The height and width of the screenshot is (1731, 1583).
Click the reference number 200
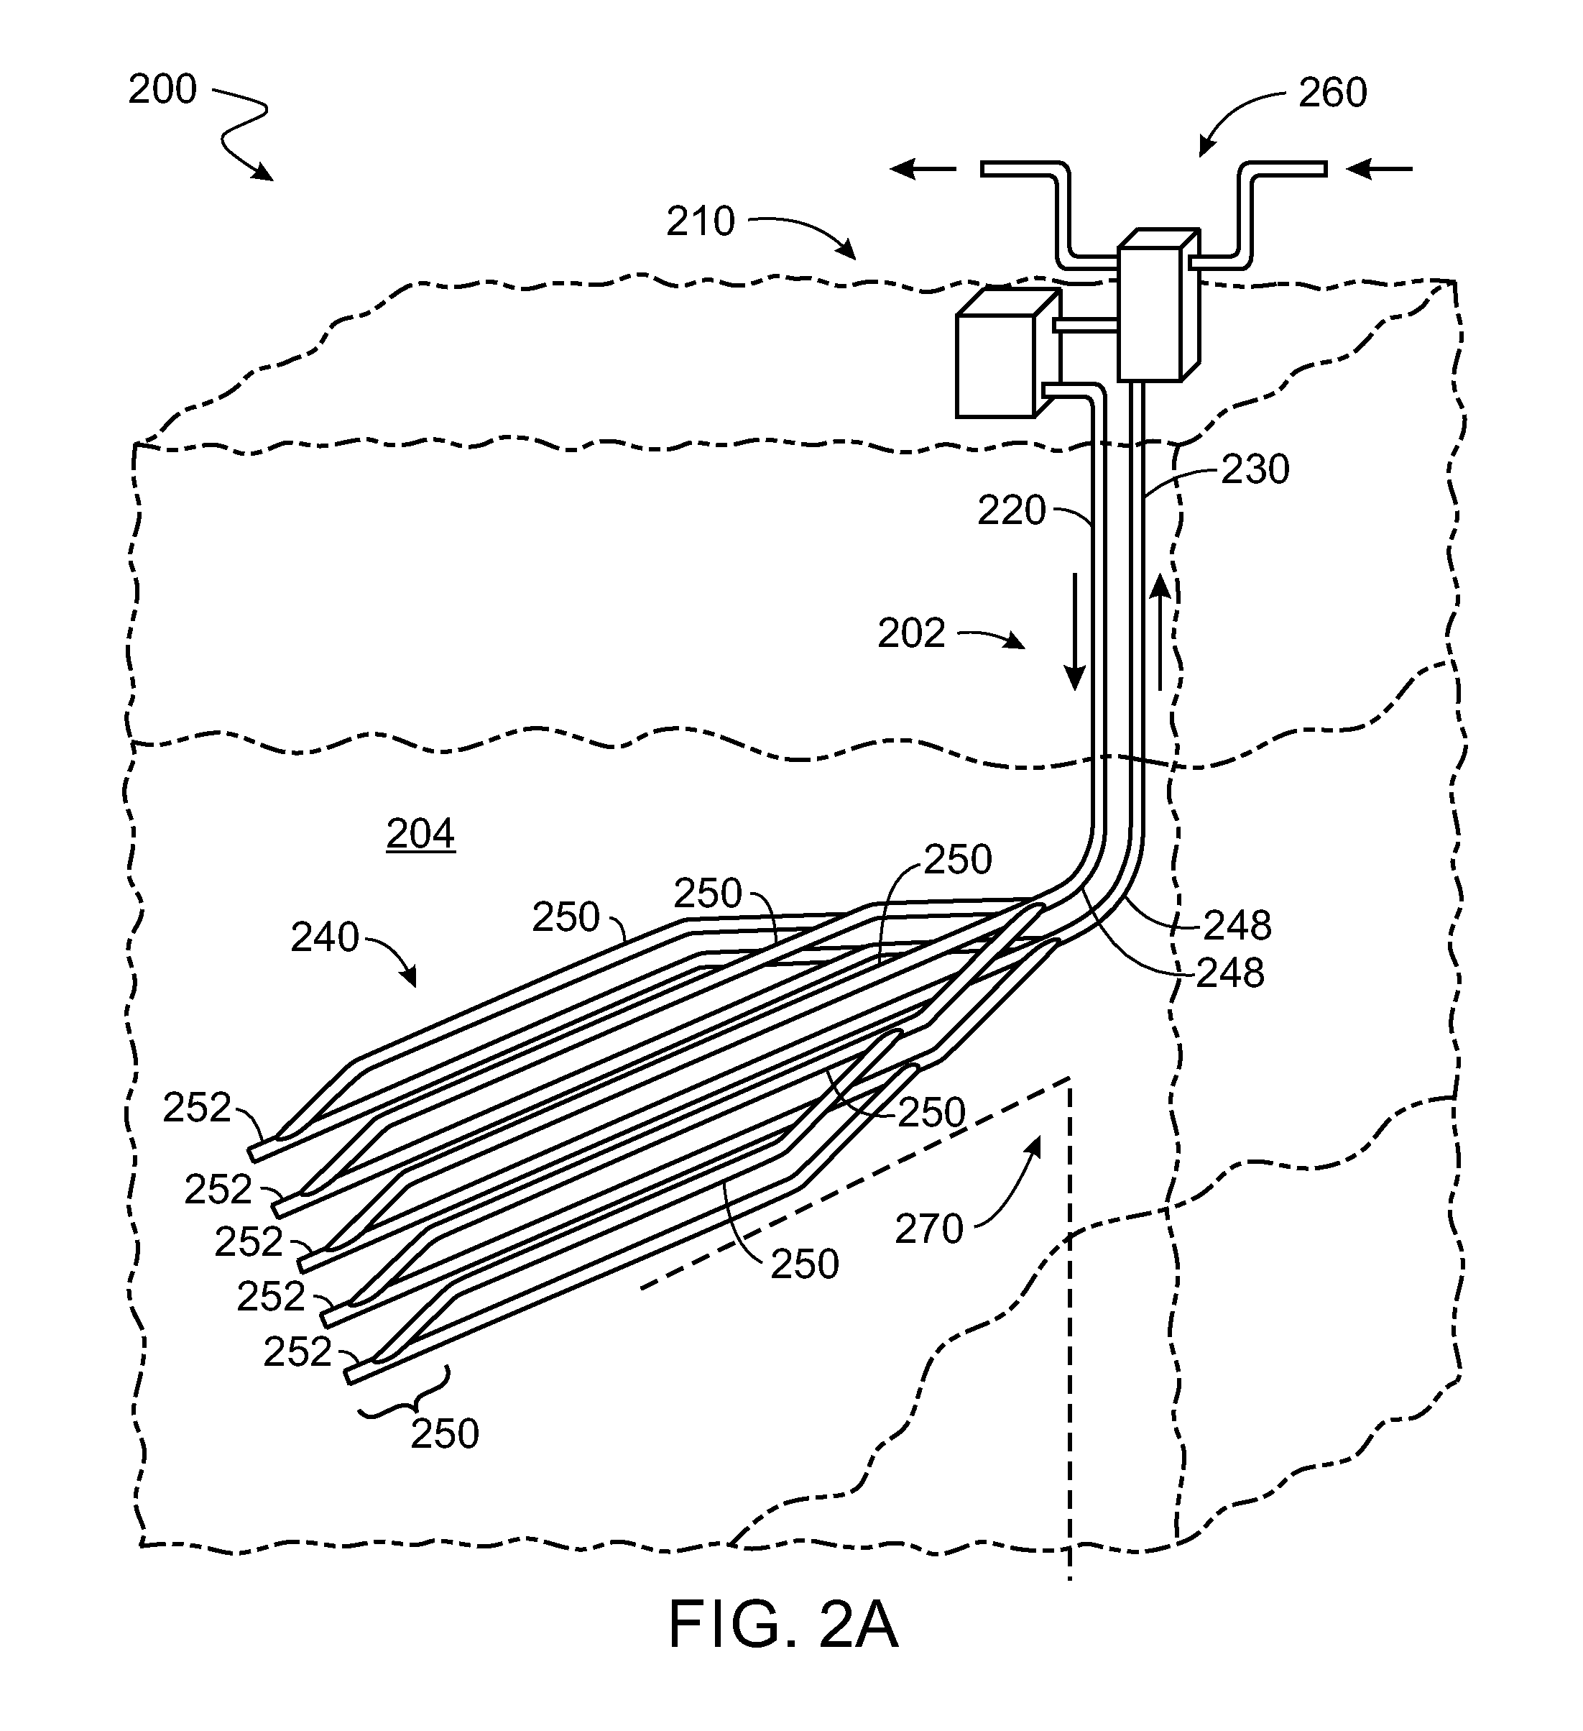[x=162, y=89]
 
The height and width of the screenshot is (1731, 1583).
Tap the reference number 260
[x=1332, y=93]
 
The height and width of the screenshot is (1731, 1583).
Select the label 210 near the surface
[x=701, y=221]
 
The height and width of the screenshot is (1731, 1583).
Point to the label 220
[x=1011, y=511]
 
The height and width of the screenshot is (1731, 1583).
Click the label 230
[x=1255, y=469]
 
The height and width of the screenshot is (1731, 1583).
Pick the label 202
[x=911, y=634]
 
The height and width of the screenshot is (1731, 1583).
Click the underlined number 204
[x=420, y=834]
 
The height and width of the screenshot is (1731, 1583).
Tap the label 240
[x=325, y=937]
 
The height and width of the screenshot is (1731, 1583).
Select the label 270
[x=929, y=1229]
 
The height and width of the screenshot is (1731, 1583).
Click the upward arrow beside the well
[x=1160, y=632]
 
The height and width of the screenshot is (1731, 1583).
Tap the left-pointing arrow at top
[x=923, y=170]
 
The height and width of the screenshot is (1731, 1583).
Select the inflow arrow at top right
[x=1379, y=170]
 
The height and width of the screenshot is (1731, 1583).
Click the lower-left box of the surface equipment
[x=1006, y=354]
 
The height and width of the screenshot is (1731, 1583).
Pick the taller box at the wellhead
[x=1158, y=305]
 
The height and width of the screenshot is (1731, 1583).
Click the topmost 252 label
[x=198, y=1108]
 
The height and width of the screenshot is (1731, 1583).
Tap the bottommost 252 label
[x=297, y=1352]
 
